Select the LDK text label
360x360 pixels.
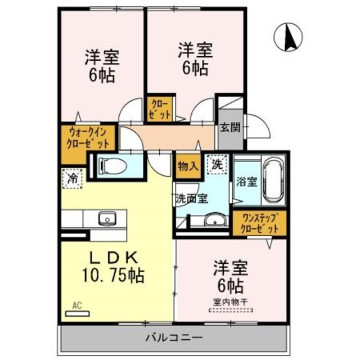pyautogui.click(x=115, y=257)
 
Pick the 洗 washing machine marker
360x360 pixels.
pyautogui.click(x=216, y=164)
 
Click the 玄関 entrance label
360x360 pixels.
pyautogui.click(x=230, y=127)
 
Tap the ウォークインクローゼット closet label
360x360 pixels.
pyautogui.click(x=88, y=138)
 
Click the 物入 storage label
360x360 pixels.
pyautogui.click(x=187, y=166)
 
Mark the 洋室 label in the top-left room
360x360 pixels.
pyautogui.click(x=102, y=57)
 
